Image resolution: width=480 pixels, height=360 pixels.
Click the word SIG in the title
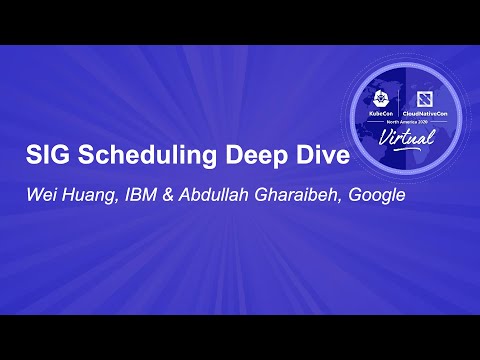44,156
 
